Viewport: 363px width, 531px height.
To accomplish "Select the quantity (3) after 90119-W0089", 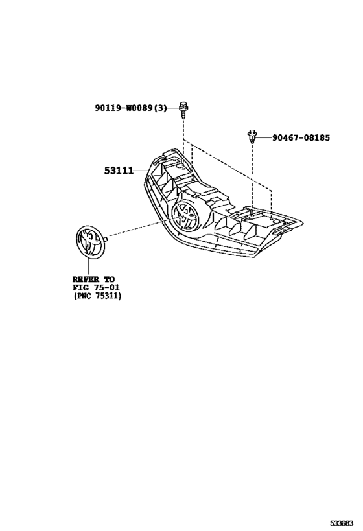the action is (161, 108).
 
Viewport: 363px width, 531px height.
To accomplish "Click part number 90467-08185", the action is (301, 138).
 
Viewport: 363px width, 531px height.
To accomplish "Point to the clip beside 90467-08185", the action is (252, 136).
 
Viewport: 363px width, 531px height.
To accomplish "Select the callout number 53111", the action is (119, 171).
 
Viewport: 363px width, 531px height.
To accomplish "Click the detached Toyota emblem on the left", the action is (90, 240).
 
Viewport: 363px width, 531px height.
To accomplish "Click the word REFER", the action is (86, 279).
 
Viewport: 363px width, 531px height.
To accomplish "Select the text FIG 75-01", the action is (96, 287).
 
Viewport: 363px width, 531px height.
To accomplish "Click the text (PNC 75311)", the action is (97, 296).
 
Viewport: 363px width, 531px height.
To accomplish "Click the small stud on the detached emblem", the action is (106, 239).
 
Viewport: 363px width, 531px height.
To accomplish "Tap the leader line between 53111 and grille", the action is (141, 171).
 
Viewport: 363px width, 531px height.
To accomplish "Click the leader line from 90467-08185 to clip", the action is (264, 137).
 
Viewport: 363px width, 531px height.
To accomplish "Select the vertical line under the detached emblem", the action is (89, 265).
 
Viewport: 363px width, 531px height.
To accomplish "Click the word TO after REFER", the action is (110, 279).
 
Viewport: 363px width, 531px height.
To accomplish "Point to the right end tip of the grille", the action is (303, 223).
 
